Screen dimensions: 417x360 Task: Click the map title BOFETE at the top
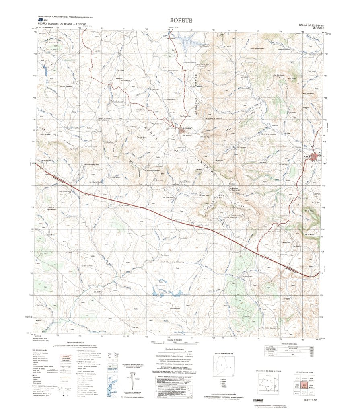[x=181, y=20]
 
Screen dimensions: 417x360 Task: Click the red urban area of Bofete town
[x=315, y=157]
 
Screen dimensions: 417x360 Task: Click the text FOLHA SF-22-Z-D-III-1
[x=311, y=25]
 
